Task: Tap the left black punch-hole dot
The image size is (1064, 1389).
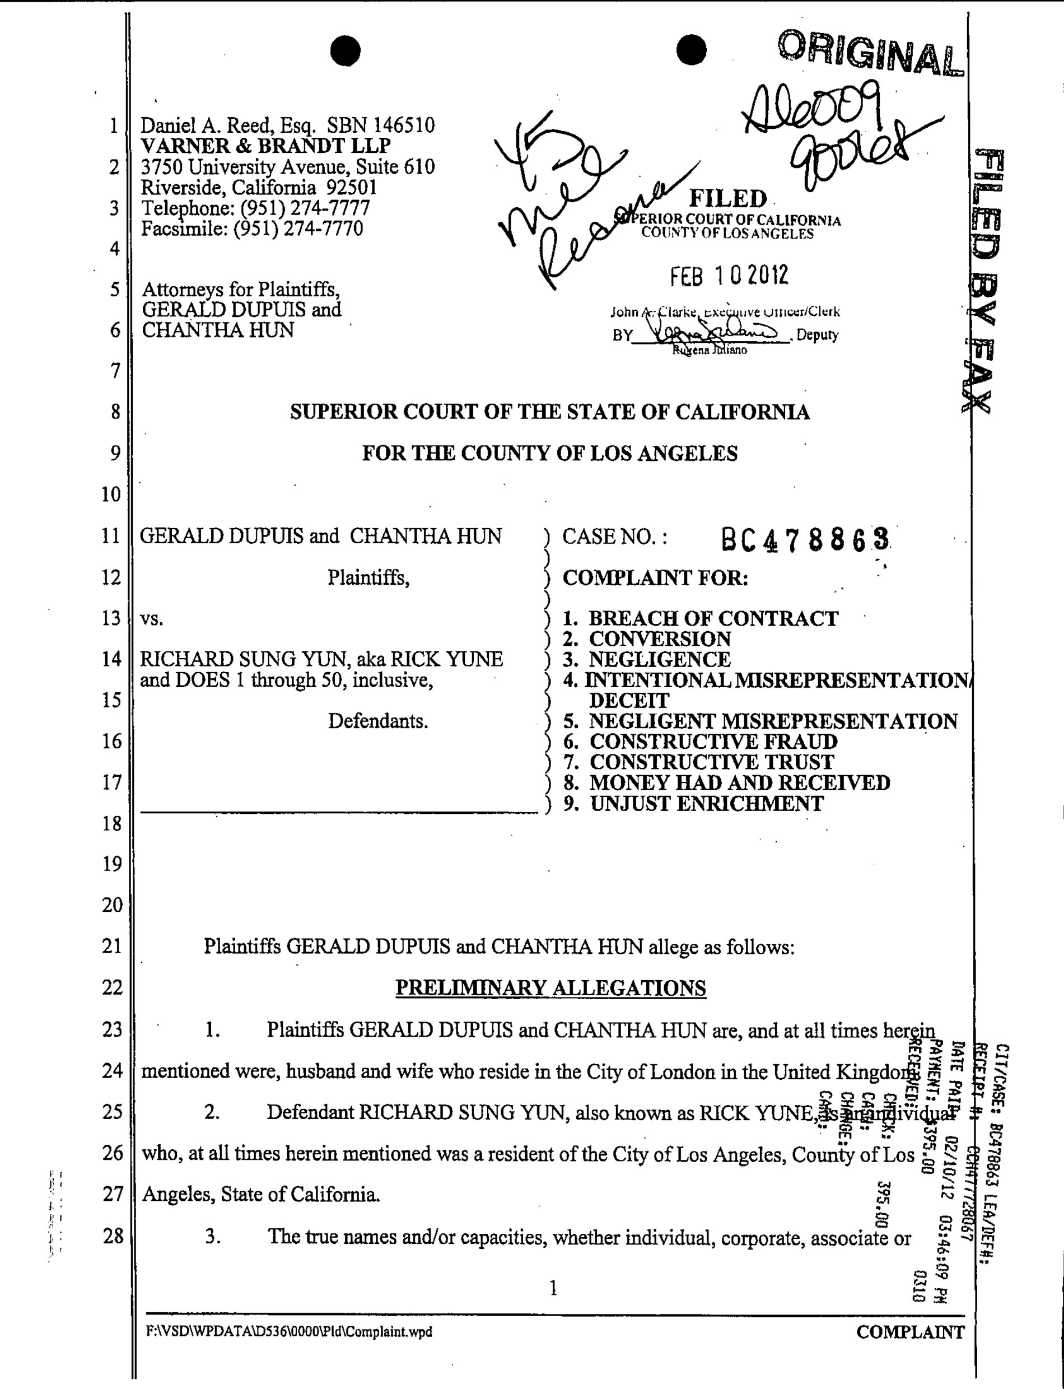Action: [345, 50]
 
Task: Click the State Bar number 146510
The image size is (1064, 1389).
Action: [404, 125]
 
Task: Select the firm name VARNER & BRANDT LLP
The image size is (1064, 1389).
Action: [265, 146]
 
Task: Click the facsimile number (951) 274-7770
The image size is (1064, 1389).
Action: [298, 228]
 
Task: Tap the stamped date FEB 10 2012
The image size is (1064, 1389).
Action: [729, 276]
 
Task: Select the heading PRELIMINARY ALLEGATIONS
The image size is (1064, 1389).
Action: [550, 988]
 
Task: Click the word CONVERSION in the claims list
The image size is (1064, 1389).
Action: [660, 638]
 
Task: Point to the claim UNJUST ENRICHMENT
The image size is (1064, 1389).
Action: [707, 804]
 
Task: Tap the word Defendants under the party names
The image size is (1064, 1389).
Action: [377, 721]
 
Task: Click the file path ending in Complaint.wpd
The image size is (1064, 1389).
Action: [289, 1332]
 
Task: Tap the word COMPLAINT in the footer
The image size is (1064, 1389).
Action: [910, 1332]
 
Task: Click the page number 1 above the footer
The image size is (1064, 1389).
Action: [553, 1288]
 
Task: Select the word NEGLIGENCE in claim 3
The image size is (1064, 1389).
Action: [660, 659]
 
